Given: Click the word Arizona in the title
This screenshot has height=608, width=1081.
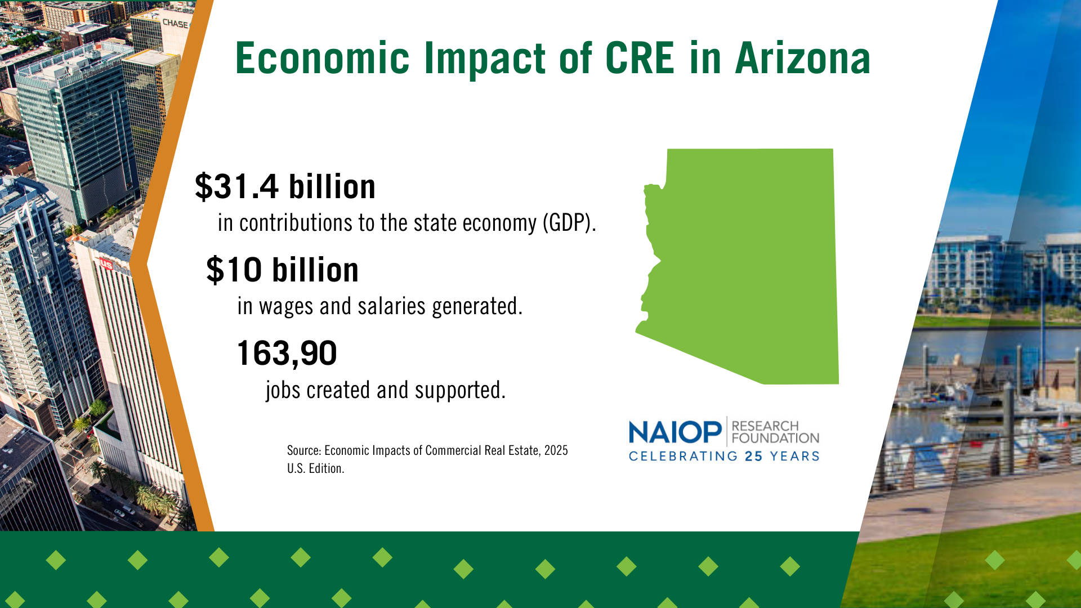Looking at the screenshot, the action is click(803, 59).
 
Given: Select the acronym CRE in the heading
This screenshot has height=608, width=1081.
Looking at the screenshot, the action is click(639, 59).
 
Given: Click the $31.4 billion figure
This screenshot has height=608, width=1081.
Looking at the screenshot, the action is click(285, 186).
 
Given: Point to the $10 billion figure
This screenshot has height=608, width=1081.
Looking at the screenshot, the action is click(283, 270).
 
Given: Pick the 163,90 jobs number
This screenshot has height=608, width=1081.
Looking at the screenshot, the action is click(287, 354).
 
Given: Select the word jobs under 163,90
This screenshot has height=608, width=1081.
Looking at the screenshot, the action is click(283, 391).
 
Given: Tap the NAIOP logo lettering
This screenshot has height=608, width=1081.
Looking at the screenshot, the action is click(675, 432).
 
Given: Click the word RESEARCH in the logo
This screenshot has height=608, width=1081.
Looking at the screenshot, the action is click(765, 426).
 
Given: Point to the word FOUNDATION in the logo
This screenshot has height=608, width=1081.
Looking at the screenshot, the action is click(775, 438).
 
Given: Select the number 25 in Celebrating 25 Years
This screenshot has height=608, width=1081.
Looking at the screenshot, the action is click(754, 457).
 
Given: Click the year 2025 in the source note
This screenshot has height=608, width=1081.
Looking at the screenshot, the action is click(556, 450).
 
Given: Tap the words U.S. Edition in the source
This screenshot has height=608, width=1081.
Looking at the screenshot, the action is click(315, 468).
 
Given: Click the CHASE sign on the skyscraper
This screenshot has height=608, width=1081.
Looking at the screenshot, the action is click(175, 24).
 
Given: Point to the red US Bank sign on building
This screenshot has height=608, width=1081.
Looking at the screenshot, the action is click(106, 264).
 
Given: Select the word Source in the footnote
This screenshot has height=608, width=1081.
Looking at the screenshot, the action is click(304, 450).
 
